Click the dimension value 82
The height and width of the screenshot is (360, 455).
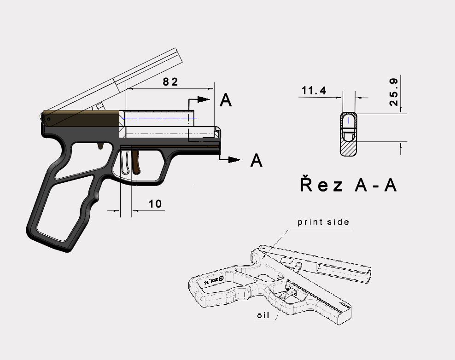170,81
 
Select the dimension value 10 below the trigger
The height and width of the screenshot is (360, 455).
156,204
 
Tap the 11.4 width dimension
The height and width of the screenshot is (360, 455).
313,91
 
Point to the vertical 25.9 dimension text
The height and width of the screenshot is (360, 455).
394,92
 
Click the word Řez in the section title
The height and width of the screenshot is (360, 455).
321,185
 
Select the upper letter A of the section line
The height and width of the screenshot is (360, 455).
226,100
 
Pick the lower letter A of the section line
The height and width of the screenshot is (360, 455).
256,161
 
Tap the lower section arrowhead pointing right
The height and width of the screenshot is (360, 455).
234,159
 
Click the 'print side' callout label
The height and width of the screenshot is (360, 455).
323,222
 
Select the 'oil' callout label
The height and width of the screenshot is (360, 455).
263,316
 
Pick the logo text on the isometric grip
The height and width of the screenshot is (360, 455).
214,281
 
